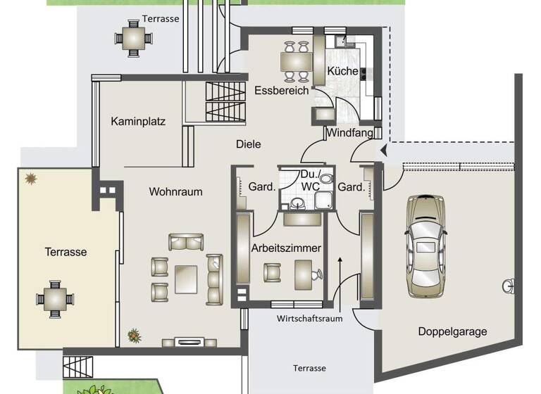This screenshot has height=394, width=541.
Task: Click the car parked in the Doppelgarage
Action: [426, 245]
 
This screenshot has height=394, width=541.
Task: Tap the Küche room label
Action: [342, 71]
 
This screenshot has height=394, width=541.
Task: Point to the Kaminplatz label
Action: [138, 121]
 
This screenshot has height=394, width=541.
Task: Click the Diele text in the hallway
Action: [248, 144]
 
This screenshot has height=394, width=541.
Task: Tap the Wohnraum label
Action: [175, 191]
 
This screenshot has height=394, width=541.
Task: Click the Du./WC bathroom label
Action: [310, 180]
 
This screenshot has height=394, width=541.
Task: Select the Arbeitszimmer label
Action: [286, 248]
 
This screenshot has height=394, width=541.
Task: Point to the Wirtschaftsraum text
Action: [309, 319]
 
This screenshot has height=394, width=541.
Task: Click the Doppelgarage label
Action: [452, 331]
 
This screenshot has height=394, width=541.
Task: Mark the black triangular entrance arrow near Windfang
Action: [383, 149]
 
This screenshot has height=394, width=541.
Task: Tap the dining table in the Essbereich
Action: [295, 62]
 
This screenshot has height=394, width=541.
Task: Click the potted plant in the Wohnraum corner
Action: [134, 336]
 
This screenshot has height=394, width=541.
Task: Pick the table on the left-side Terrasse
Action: [55, 299]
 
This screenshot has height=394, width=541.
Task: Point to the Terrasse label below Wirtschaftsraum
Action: [309, 368]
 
